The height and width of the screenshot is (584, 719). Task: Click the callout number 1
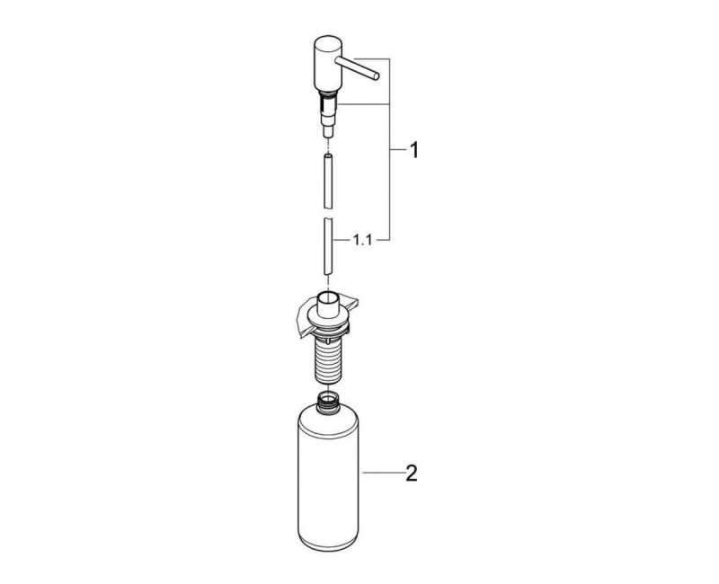413,151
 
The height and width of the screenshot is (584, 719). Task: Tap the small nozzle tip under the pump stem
329,132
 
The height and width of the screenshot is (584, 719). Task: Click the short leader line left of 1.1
341,241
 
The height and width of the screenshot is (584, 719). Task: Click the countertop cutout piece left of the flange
296,317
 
